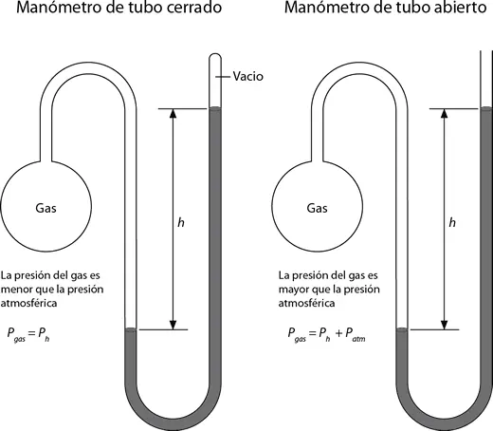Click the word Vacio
247,76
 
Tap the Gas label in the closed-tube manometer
46,208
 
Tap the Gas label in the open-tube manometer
317,208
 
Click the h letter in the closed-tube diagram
181,222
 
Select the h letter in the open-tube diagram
452,222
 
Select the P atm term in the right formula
356,334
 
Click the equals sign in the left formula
31,333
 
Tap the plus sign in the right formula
338,333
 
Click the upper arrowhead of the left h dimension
173,113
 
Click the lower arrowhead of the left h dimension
173,325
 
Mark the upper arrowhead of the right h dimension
444,113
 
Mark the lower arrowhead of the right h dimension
444,325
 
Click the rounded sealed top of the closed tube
215,54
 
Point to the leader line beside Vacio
223,76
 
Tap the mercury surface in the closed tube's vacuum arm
215,108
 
